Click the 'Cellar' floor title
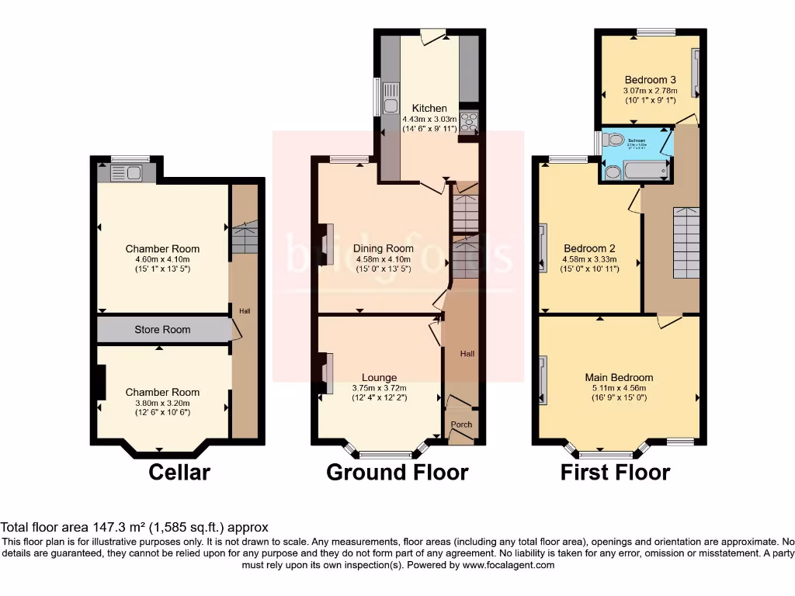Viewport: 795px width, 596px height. (x=179, y=472)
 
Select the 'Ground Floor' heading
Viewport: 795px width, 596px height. (x=397, y=472)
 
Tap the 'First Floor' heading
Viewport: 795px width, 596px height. (x=616, y=472)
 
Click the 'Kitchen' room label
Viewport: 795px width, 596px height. (x=429, y=108)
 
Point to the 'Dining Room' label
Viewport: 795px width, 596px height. (x=384, y=248)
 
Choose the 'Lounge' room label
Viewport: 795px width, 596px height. (x=378, y=378)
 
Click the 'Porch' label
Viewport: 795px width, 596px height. (x=462, y=424)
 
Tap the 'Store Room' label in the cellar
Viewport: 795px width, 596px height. (x=162, y=330)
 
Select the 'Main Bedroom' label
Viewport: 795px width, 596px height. (x=619, y=378)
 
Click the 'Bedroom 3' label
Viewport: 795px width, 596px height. (x=650, y=79)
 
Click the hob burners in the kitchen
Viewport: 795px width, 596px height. (x=469, y=123)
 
